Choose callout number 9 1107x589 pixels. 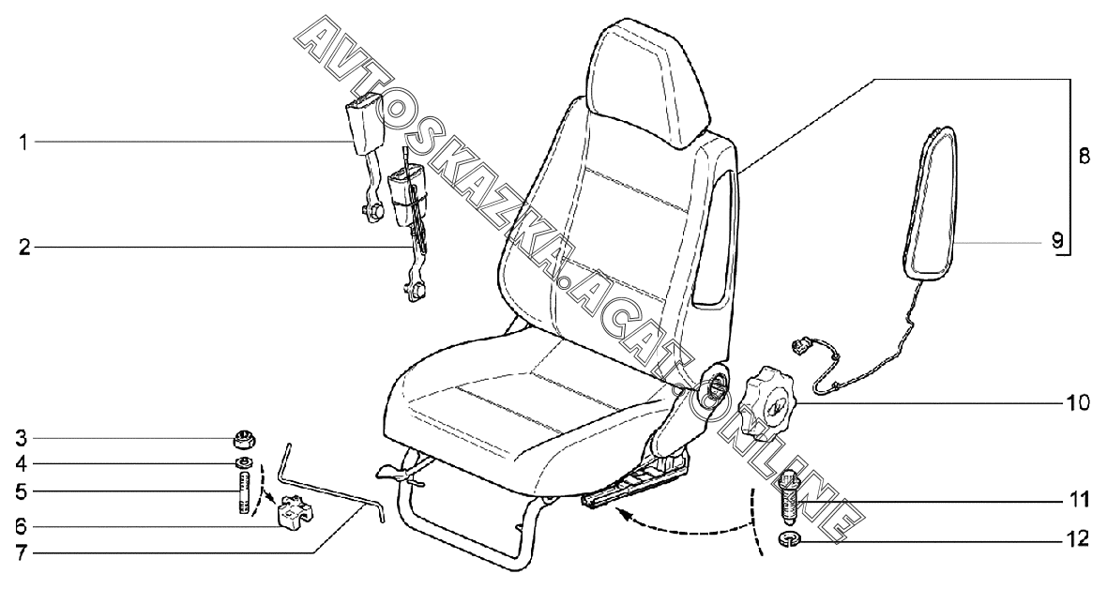1057,241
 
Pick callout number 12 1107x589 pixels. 1077,539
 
